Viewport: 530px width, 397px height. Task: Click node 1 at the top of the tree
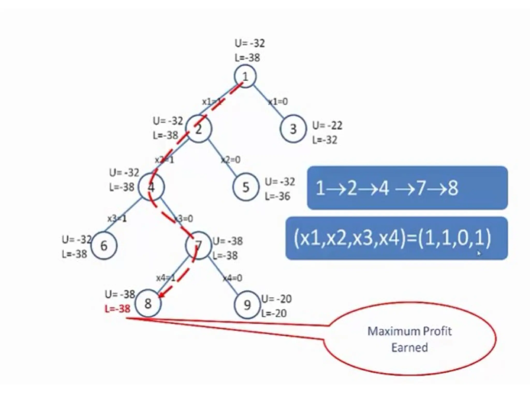coord(245,76)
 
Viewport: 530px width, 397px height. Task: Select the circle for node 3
coord(293,129)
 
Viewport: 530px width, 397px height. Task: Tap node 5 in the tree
coord(245,187)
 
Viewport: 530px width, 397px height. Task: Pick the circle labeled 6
coord(104,245)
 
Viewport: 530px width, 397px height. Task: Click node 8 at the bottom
coord(148,303)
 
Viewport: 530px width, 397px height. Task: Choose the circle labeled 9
coord(247,305)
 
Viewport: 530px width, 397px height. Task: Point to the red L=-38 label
coord(117,309)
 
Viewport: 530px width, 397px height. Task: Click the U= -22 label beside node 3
coord(327,126)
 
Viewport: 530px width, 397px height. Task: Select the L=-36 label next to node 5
coord(277,196)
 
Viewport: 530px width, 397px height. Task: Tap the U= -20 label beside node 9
coord(276,299)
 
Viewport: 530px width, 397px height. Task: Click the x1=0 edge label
coord(278,102)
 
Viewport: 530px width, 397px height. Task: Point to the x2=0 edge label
coord(231,160)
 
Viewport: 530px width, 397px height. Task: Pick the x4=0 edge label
coord(233,278)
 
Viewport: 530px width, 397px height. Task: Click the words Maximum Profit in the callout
coord(409,331)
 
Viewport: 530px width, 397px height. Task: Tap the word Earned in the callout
coord(409,348)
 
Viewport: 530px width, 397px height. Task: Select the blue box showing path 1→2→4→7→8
coord(407,188)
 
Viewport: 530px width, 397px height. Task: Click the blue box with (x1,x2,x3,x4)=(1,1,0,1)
coord(396,238)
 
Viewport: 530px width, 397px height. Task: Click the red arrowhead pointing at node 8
coord(161,295)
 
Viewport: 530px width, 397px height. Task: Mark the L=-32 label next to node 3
coord(325,140)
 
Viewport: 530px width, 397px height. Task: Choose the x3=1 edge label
coord(117,219)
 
